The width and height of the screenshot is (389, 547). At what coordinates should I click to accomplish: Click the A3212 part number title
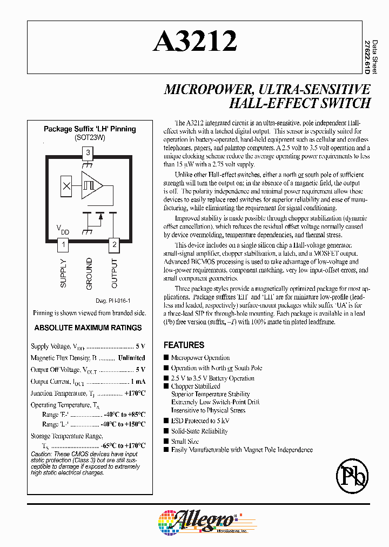tap(194, 42)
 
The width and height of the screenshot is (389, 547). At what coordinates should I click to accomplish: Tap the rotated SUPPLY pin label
tap(63, 273)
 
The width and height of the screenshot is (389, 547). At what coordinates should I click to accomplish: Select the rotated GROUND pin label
tap(89, 273)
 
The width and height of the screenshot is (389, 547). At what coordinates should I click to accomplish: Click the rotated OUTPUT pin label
tap(114, 273)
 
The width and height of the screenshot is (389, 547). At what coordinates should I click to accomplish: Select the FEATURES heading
tap(184, 345)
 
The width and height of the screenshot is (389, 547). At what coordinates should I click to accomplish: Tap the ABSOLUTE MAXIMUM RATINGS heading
tap(88, 328)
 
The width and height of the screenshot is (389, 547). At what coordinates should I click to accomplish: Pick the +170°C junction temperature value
tap(135, 393)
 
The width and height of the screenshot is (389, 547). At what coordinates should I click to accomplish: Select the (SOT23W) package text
tap(90, 138)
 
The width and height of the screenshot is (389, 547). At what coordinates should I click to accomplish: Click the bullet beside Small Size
tap(166, 442)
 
